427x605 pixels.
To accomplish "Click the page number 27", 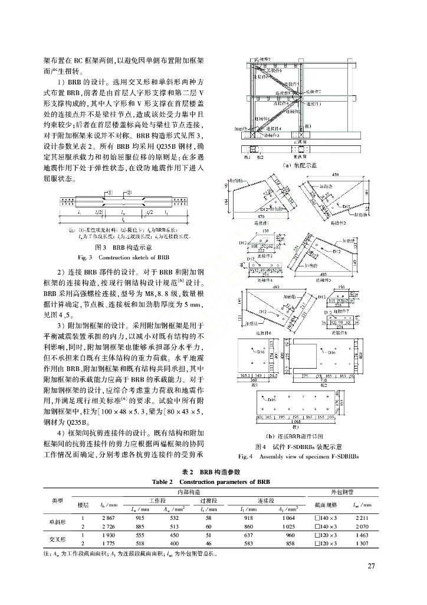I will click(x=371, y=567).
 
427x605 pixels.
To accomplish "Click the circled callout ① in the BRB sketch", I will click(x=110, y=193).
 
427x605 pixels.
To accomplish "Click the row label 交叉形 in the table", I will click(x=57, y=538).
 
